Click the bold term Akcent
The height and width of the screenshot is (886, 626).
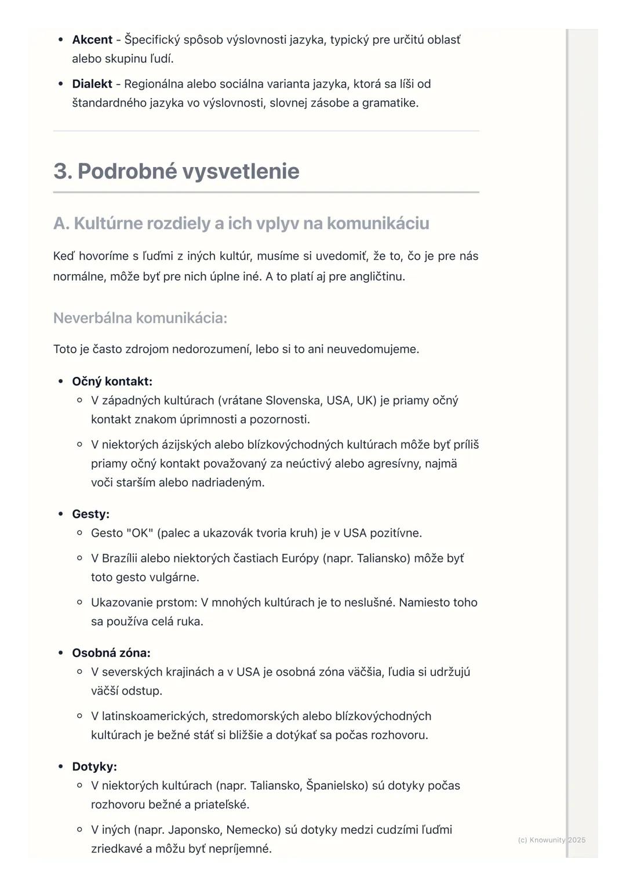click(x=92, y=40)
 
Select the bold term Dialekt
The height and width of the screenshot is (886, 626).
click(x=92, y=84)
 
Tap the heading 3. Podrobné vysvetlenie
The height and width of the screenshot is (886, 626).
click(x=176, y=171)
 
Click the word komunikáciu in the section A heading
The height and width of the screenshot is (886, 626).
click(x=378, y=223)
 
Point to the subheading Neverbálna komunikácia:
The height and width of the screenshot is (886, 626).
click(x=140, y=318)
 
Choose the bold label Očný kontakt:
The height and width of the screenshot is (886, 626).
click(x=112, y=382)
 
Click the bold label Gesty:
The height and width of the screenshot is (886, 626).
click(x=90, y=514)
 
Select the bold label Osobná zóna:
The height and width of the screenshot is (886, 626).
click(x=111, y=653)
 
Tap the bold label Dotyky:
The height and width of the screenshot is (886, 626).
click(x=94, y=767)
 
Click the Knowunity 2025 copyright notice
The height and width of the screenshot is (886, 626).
click(x=551, y=840)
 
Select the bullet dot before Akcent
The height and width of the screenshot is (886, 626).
click(x=61, y=40)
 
